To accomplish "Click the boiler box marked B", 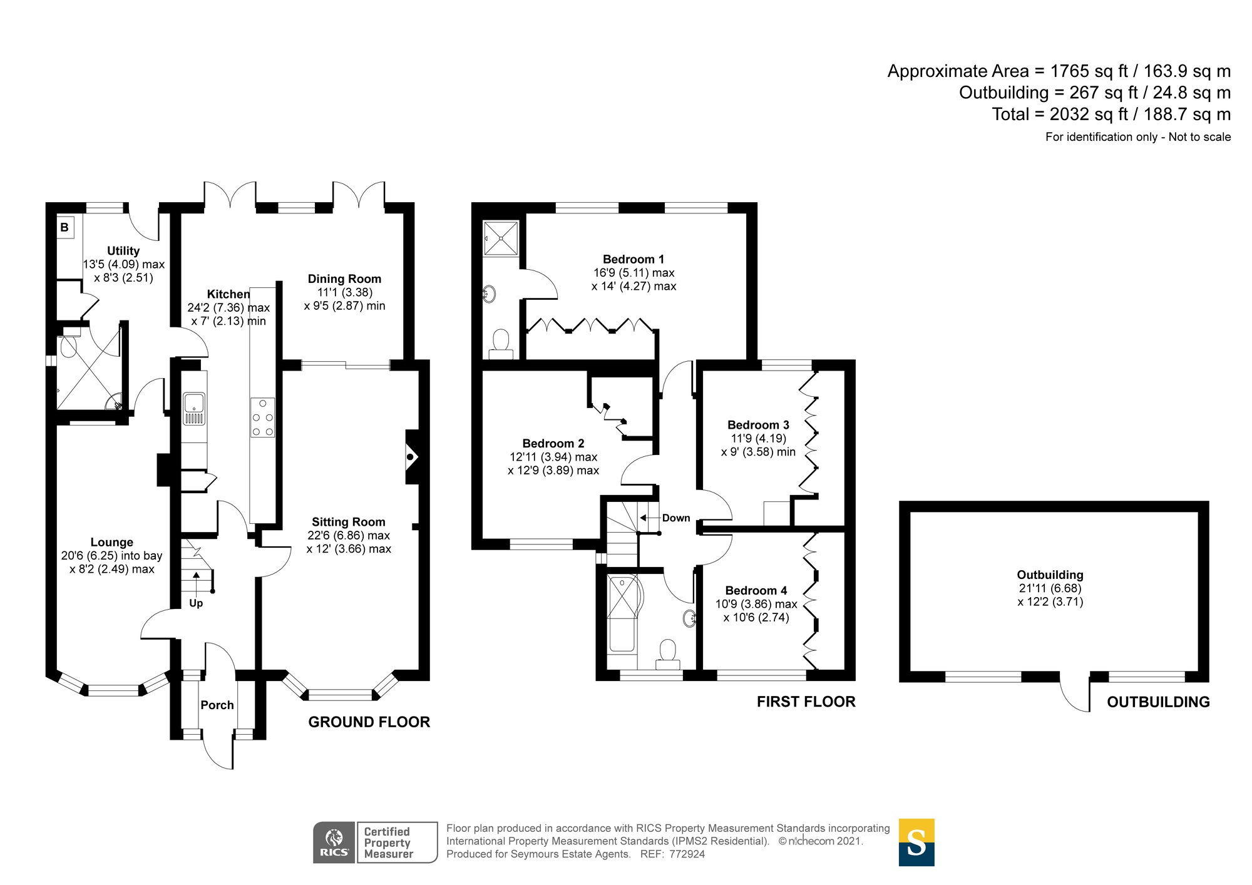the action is (x=65, y=227).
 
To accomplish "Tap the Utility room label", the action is (x=123, y=251).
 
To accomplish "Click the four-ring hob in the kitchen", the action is (x=262, y=417).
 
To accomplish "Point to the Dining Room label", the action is (x=344, y=279).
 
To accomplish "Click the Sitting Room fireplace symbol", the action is (x=411, y=457).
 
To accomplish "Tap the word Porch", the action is (x=217, y=705).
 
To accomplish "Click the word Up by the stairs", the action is (x=196, y=603).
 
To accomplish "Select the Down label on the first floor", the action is (x=676, y=518).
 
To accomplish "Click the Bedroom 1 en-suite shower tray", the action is (x=501, y=238).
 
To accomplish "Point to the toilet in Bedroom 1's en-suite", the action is (x=501, y=345).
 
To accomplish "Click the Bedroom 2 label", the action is (x=553, y=443).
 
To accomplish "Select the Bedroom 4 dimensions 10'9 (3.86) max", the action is (x=756, y=604).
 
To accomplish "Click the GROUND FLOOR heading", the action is (x=369, y=722).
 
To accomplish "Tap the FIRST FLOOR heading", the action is (x=806, y=702).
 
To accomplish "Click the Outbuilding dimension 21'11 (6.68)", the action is (x=1050, y=588).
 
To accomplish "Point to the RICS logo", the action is (x=334, y=842).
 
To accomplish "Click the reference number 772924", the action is (x=687, y=854).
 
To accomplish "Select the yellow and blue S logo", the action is (x=916, y=842).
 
